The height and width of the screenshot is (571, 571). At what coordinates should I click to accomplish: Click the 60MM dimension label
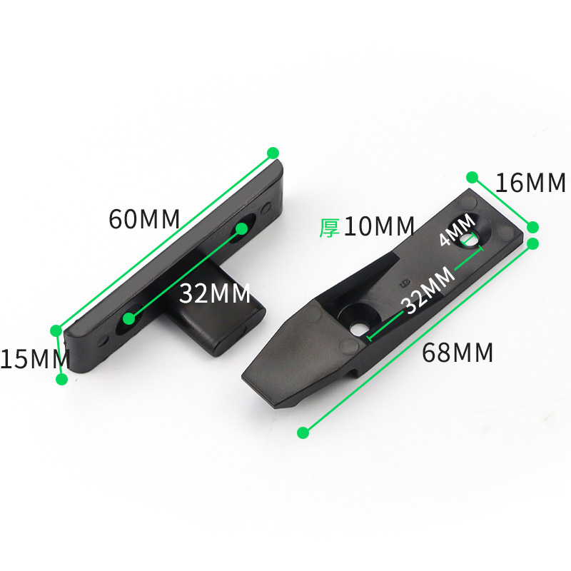[x=145, y=219]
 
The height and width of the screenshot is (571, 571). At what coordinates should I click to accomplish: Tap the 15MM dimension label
[x=35, y=359]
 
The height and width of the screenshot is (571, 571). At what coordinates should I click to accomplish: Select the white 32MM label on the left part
[x=215, y=293]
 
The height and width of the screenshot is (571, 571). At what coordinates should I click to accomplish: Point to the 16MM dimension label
[x=530, y=183]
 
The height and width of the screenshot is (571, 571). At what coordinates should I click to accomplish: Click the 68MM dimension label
[x=458, y=352]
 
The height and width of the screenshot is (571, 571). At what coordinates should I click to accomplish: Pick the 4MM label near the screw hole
[x=458, y=229]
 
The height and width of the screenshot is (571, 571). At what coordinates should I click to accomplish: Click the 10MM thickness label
[x=379, y=226]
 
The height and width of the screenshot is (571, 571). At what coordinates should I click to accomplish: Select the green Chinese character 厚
[x=330, y=227]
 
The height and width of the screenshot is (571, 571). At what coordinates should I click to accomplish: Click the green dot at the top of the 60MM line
[x=273, y=153]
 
